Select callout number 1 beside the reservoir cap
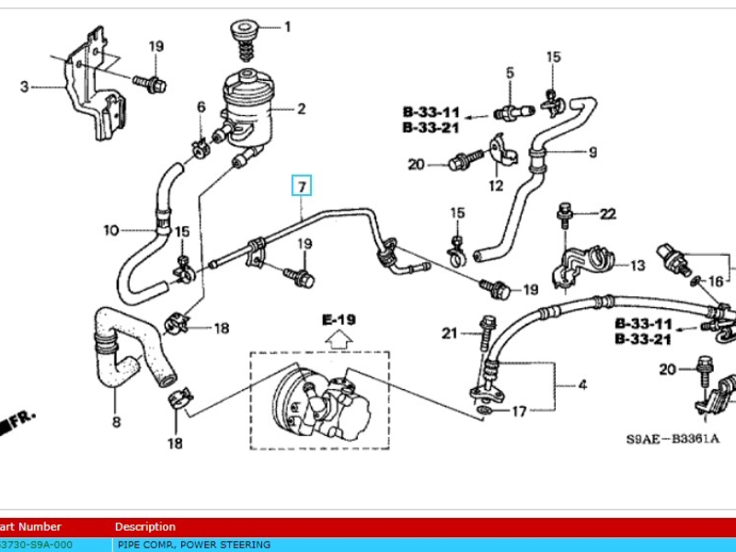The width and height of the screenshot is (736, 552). (x=286, y=27)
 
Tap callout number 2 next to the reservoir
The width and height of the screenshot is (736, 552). (x=25, y=87)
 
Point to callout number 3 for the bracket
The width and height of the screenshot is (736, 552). (x=581, y=385)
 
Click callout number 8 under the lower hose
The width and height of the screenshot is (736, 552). (x=116, y=422)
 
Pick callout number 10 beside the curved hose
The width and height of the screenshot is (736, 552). (x=110, y=229)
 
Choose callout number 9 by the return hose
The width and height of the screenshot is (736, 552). (x=592, y=152)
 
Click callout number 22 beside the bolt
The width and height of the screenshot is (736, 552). (x=607, y=214)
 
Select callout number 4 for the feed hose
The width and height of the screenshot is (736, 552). (x=581, y=385)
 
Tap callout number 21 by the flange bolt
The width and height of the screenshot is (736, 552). (x=449, y=332)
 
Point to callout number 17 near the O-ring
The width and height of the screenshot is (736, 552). (x=519, y=411)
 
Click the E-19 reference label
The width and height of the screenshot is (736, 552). (x=339, y=320)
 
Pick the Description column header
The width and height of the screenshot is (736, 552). (x=144, y=527)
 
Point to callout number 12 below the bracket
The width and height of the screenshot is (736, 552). (x=496, y=186)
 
